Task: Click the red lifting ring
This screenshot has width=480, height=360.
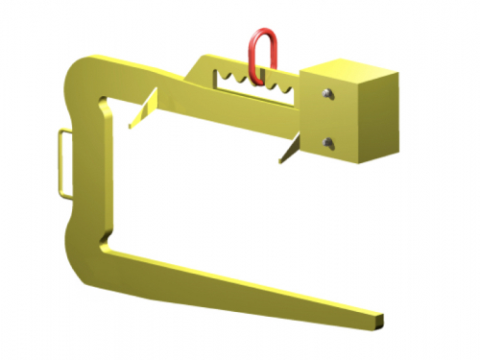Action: pos(261,53)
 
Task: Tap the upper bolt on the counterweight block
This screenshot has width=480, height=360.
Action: pos(328,93)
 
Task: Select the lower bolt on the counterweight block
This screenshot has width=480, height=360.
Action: pos(328,143)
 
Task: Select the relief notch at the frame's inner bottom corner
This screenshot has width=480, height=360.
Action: pos(104,243)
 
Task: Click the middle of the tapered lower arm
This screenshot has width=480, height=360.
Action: pos(240,278)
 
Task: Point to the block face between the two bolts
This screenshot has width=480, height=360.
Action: pos(328,118)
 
